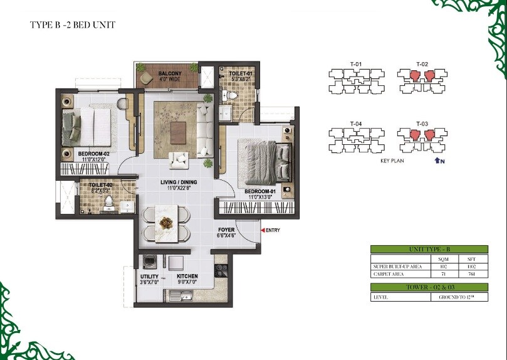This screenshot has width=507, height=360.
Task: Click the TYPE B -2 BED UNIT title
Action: pyautogui.click(x=73, y=25)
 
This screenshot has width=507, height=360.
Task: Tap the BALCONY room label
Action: pyautogui.click(x=170, y=73)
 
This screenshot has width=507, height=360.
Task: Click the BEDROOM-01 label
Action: pyautogui.click(x=261, y=191)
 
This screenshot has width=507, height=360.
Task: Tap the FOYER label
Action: pyautogui.click(x=226, y=230)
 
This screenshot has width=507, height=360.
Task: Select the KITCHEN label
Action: pyautogui.click(x=187, y=276)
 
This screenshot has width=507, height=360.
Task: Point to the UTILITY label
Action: pyautogui.click(x=149, y=276)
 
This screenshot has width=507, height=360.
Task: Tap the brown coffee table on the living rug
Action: pyautogui.click(x=179, y=130)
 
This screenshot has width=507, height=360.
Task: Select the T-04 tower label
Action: pyautogui.click(x=355, y=123)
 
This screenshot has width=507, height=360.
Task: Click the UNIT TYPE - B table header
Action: pyautogui.click(x=421, y=249)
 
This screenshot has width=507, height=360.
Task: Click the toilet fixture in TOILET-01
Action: pyautogui.click(x=233, y=95)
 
